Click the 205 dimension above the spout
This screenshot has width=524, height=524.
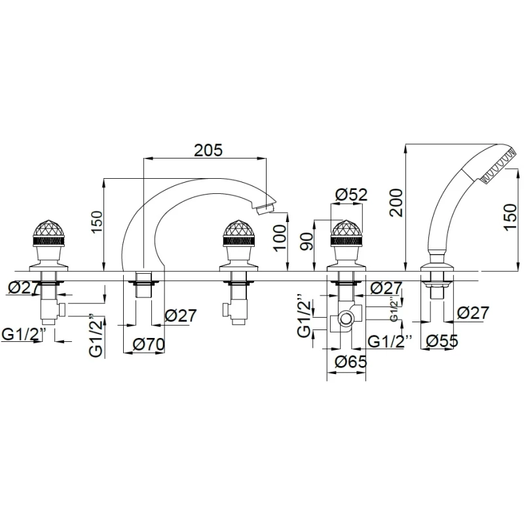(208, 150)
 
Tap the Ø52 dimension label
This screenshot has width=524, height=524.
(351, 195)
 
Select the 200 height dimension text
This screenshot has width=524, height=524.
(396, 203)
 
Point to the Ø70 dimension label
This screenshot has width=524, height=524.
(149, 344)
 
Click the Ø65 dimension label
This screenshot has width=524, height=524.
(351, 362)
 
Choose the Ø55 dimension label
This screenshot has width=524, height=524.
(442, 341)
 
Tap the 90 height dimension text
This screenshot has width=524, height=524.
(307, 241)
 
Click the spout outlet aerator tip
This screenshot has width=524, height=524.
(265, 208)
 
